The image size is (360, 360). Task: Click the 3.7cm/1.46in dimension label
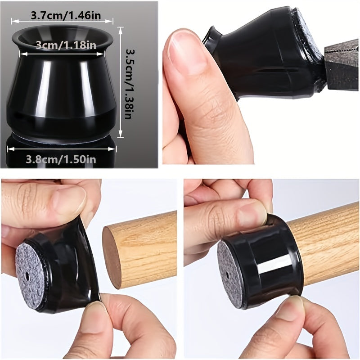[66, 16]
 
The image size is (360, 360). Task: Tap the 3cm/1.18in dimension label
[66, 45]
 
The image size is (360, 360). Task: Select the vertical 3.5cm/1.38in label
[129, 84]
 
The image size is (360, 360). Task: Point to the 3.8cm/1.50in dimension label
[61, 159]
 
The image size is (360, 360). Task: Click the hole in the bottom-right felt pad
[227, 274]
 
